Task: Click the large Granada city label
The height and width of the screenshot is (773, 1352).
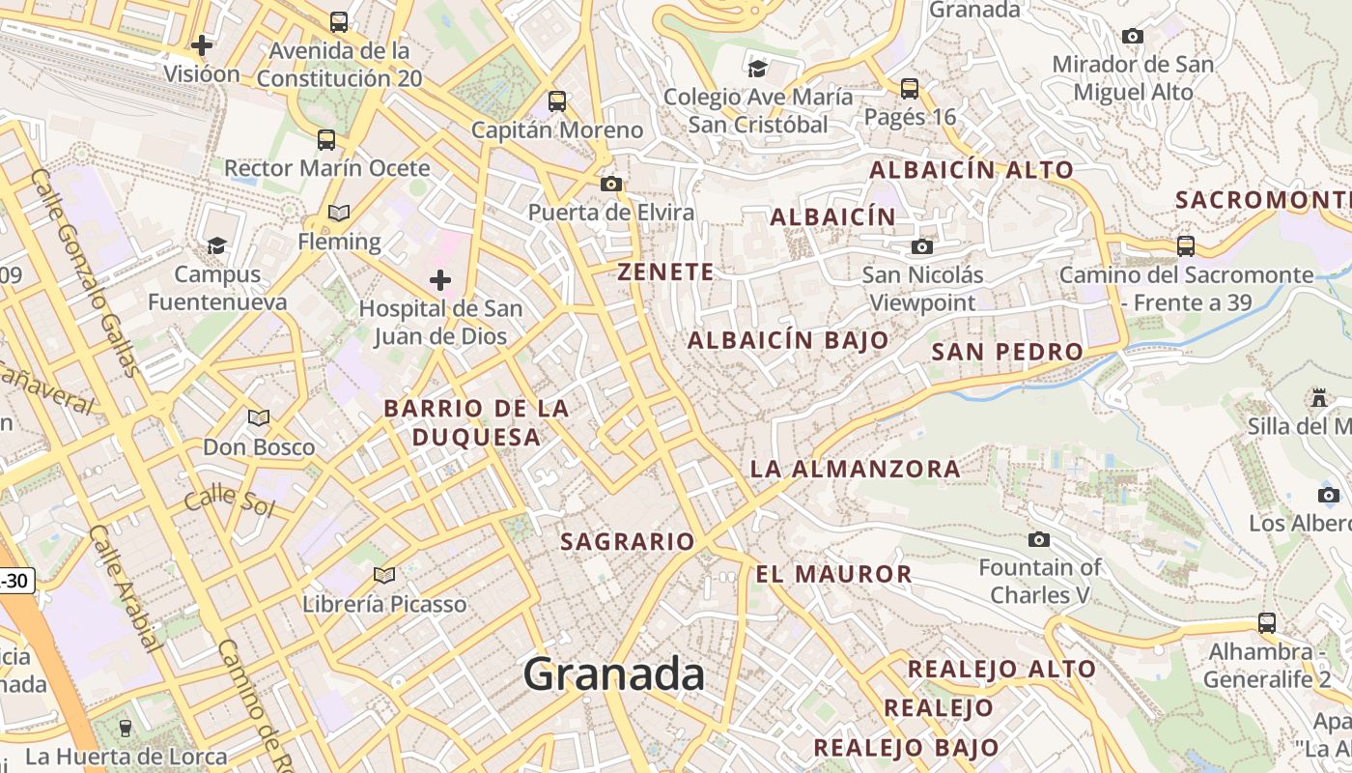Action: (613, 673)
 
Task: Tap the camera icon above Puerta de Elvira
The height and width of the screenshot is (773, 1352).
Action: (610, 184)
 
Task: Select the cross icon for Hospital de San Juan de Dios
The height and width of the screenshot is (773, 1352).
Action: (440, 280)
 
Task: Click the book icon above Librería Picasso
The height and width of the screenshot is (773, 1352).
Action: (384, 576)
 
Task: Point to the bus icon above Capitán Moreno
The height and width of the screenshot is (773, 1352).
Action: (557, 100)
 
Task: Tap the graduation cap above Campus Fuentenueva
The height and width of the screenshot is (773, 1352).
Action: (216, 245)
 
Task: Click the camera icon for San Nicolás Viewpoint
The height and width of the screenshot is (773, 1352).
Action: (922, 246)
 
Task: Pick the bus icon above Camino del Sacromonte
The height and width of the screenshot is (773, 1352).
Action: (1186, 245)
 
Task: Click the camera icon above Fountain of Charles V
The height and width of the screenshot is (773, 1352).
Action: (1039, 539)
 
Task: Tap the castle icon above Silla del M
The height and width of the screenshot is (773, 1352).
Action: (1318, 397)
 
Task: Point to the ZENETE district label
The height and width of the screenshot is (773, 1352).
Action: (666, 272)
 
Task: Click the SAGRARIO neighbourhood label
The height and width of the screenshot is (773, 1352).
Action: (628, 541)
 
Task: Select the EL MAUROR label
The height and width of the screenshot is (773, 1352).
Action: (833, 574)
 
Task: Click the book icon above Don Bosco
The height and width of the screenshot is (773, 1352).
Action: (258, 418)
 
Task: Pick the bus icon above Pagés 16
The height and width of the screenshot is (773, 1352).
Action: (909, 89)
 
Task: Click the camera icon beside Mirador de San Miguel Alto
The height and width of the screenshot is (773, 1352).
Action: (1133, 37)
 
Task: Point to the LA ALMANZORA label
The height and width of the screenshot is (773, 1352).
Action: (856, 470)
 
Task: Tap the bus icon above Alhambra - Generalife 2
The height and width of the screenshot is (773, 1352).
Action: (1267, 623)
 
